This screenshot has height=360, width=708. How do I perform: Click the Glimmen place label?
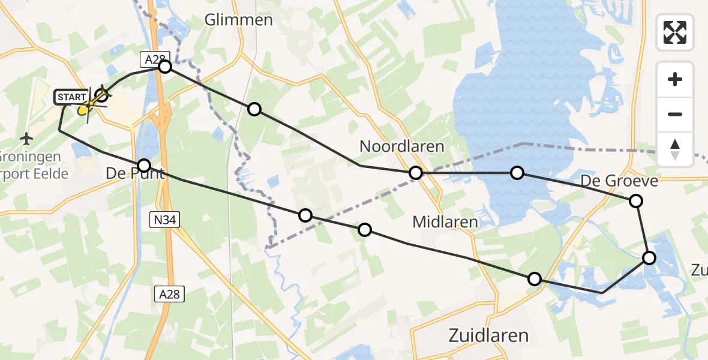238,20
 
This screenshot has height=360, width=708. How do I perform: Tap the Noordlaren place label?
401,146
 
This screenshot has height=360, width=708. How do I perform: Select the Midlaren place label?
445,222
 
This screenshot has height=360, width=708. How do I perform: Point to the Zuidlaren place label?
488,335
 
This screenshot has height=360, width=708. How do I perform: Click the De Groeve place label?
619,181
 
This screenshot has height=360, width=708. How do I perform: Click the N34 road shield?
163,221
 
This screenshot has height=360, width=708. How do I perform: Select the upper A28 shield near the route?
150,58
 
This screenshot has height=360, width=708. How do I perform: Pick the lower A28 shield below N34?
169,294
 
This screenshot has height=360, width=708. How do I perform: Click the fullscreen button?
675,32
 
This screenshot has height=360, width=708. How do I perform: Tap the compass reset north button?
675,149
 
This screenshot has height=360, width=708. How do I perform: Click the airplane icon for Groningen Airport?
26,139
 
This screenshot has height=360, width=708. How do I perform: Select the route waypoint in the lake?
517,173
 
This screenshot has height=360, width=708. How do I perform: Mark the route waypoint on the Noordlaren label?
416,173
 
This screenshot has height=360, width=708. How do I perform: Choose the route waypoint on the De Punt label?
144,165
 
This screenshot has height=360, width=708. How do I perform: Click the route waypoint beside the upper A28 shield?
165,67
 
